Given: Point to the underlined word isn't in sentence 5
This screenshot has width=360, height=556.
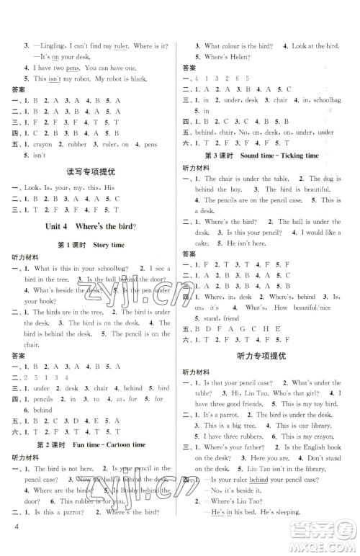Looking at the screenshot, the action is (x=60, y=77).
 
